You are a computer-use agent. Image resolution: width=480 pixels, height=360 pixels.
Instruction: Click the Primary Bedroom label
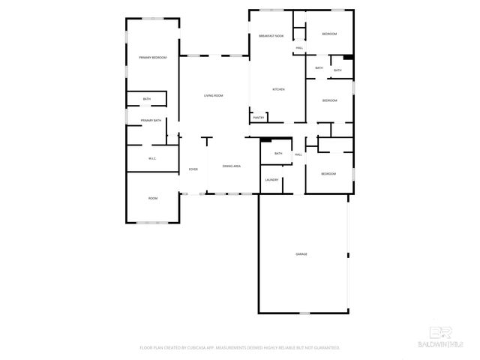coord(152,58)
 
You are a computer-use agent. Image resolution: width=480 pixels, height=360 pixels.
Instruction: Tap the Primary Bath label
coord(151,120)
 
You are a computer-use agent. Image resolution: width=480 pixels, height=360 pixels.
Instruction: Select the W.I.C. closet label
coord(151,158)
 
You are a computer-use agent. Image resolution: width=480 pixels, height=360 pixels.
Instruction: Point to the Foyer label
coord(193,169)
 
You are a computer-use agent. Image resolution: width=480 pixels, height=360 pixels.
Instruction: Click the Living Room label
coord(214,95)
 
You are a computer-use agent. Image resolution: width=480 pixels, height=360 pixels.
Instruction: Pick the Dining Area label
coord(231,166)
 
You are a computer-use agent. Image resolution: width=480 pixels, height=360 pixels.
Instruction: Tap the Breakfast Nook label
coord(271,36)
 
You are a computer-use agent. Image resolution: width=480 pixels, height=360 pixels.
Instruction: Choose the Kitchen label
coord(278,89)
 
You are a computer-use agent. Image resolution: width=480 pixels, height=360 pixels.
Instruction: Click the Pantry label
coord(259,117)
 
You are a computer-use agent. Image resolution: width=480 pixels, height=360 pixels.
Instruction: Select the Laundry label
coord(271,180)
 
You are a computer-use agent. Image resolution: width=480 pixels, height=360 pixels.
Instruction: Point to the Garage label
coord(301,254)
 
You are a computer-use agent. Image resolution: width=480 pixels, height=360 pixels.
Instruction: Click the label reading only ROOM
coord(152,198)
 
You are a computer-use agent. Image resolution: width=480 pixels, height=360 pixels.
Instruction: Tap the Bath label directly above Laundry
coord(278,154)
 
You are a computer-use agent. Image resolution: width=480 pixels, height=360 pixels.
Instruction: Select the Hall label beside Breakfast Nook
coord(299,49)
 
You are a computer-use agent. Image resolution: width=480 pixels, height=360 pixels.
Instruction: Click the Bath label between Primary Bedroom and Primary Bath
coord(147,99)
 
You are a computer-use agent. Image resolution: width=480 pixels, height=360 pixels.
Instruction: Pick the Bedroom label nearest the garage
coord(328,174)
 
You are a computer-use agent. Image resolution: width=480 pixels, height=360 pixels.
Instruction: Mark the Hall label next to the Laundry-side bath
coord(298,154)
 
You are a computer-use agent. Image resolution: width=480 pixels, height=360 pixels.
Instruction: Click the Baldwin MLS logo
coord(448,338)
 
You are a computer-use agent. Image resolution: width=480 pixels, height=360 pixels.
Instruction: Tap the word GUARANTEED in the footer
coord(324,348)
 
